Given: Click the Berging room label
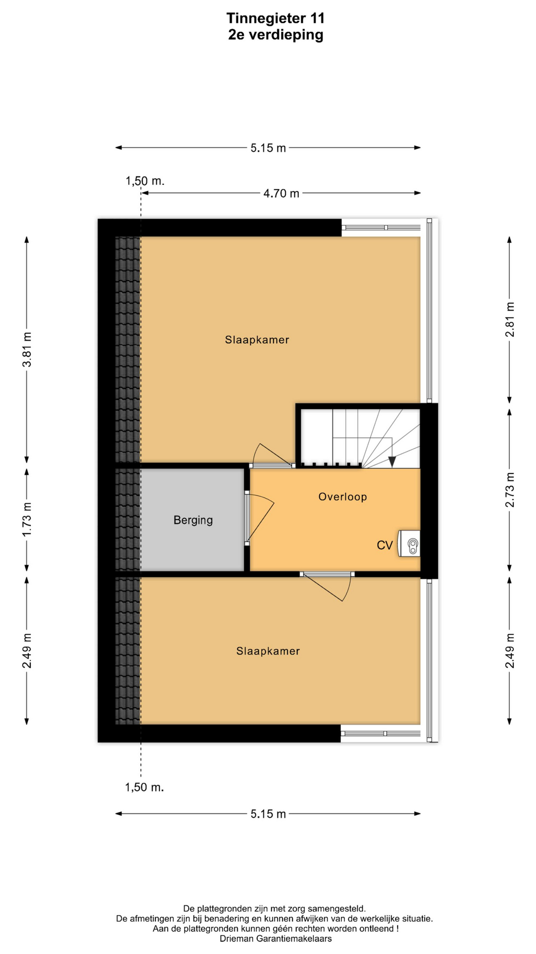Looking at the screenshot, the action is point(193,520).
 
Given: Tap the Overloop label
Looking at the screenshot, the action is point(342,497).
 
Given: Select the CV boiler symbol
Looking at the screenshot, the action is point(410,543).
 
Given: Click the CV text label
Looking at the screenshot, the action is point(385,546).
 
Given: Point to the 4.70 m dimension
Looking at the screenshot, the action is point(281,193).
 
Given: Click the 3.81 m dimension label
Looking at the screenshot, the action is point(27,349).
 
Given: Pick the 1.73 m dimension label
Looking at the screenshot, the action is point(27,519).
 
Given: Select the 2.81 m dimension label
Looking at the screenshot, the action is point(510,319).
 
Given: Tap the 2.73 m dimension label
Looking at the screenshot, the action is point(510,490).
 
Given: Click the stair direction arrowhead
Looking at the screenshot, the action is point(392,462).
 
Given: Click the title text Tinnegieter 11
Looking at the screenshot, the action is point(275,18).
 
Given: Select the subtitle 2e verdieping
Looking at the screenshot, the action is point(275,35).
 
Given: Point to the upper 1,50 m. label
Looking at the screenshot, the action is point(145,181).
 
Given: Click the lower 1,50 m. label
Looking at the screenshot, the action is point(144,787).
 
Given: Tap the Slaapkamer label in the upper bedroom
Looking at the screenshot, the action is point(257,340).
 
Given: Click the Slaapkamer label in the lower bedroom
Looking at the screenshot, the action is point(268,651).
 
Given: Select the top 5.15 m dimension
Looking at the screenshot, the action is point(268,148).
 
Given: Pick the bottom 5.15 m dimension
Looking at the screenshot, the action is point(268,814).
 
